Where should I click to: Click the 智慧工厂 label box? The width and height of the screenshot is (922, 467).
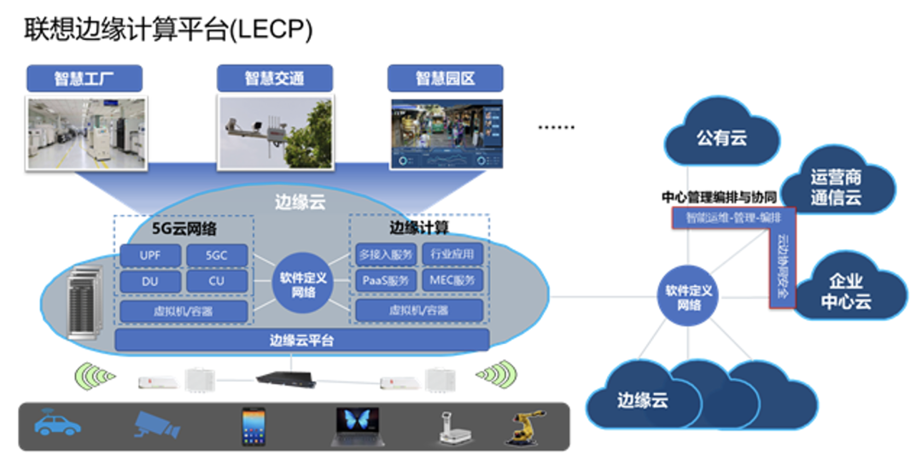pyautogui.click(x=85, y=79)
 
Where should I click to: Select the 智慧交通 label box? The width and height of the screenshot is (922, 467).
pyautogui.click(x=274, y=79)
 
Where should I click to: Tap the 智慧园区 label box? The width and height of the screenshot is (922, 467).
pyautogui.click(x=445, y=79)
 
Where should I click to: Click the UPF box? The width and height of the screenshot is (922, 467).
pyautogui.click(x=150, y=254)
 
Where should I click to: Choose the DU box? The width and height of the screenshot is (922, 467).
pyautogui.click(x=150, y=280)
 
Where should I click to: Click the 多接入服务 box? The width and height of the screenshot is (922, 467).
pyautogui.click(x=386, y=254)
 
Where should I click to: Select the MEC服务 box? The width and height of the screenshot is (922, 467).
pyautogui.click(x=452, y=280)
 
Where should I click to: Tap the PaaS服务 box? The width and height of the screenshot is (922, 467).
pyautogui.click(x=386, y=280)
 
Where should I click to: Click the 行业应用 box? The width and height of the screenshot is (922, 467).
pyautogui.click(x=452, y=254)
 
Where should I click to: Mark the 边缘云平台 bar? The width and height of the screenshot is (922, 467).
pyautogui.click(x=301, y=340)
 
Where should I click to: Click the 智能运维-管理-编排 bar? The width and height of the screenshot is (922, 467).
pyautogui.click(x=733, y=218)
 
